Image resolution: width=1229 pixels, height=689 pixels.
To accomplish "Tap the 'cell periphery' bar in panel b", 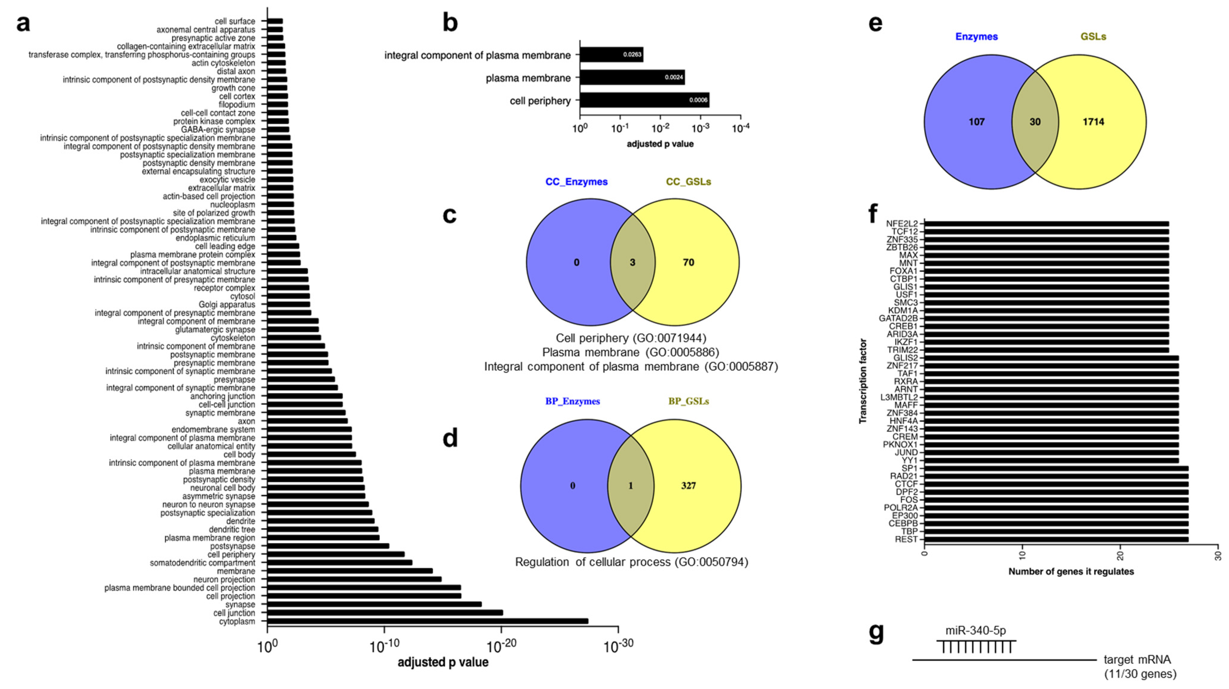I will [644, 100].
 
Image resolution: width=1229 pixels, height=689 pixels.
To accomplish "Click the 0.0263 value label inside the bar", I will [632, 54].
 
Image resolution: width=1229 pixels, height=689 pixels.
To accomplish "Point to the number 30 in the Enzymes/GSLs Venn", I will [1035, 122].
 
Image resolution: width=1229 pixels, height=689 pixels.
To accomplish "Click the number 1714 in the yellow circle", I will [1093, 122].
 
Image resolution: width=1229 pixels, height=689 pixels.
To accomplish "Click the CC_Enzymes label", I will [576, 182].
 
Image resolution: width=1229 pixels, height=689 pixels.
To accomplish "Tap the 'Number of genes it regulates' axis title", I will [1071, 571].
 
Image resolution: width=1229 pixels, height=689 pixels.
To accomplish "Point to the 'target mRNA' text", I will [1137, 660].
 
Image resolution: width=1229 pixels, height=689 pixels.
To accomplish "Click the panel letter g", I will [876, 633].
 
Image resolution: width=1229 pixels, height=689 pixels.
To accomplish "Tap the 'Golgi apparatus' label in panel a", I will [227, 305].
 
